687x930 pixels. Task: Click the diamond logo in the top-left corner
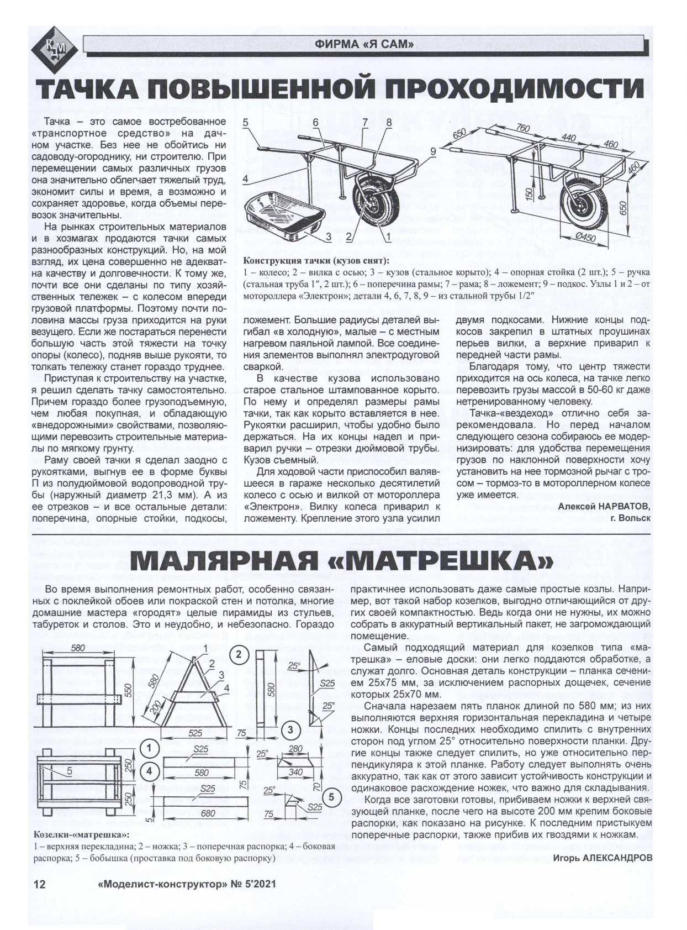(54, 49)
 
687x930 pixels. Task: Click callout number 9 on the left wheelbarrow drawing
(432, 151)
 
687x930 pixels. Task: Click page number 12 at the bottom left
(40, 884)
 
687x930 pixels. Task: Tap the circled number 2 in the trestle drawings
(239, 655)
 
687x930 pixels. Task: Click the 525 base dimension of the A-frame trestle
(195, 733)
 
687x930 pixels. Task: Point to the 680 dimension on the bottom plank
(208, 813)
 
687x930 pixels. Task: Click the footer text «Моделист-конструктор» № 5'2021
(186, 884)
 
